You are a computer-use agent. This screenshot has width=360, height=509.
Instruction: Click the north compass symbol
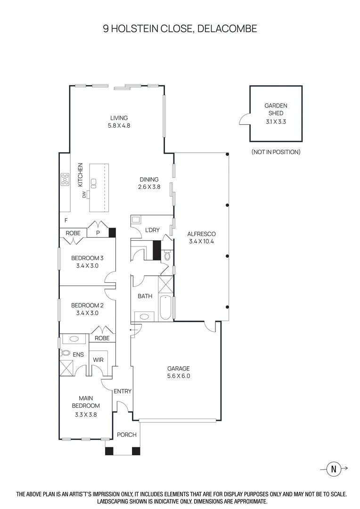tap(334, 468)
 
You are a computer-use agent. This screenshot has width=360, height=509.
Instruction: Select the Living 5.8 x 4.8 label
tap(119, 122)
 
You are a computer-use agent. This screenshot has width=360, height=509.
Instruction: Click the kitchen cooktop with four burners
tap(65, 179)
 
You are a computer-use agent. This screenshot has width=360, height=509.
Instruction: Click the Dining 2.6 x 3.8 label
tap(149, 183)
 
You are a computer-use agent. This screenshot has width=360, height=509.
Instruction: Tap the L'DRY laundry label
tap(152, 230)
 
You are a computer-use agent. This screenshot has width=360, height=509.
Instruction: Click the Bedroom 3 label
tap(87, 262)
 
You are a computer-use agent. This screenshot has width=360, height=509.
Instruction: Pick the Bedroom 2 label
tap(87, 309)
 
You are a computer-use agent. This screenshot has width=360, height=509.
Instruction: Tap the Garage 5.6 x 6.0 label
tap(179, 372)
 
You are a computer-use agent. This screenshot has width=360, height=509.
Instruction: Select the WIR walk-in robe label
tap(98, 360)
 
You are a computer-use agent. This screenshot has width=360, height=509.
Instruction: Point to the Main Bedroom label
tap(86, 402)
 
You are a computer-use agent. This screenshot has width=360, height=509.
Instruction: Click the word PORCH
tap(126, 435)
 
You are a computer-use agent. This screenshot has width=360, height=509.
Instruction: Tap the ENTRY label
tap(123, 391)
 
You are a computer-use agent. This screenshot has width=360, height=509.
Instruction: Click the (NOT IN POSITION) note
tap(276, 152)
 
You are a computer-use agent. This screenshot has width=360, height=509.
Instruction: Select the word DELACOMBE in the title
tap(227, 29)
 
